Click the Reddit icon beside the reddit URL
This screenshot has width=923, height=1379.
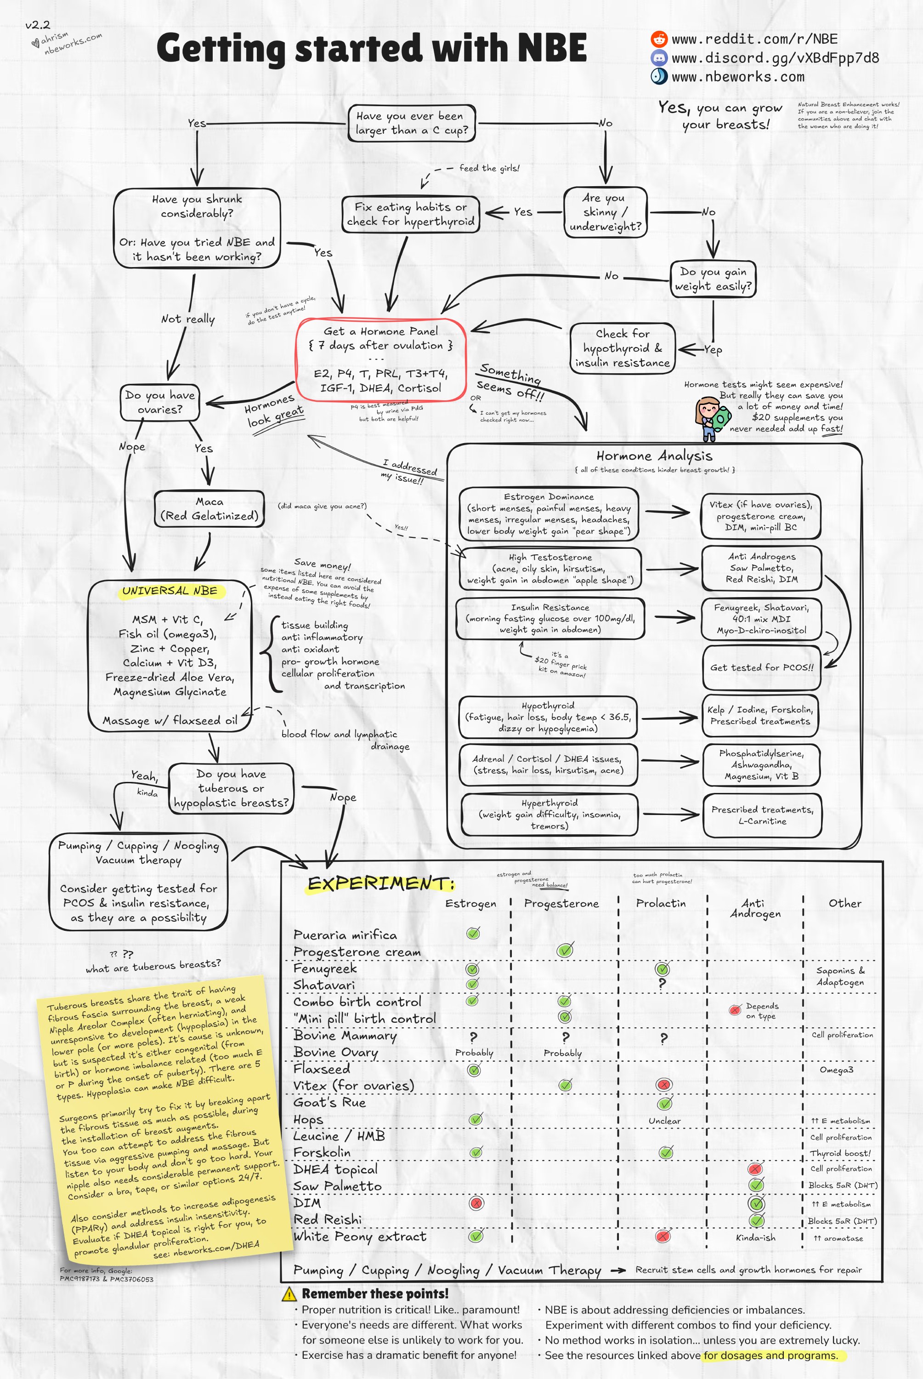(659, 39)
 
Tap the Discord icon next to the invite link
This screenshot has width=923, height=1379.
(659, 58)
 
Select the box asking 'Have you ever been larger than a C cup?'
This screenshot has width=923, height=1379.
(412, 123)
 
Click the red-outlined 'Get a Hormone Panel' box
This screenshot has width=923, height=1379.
(381, 359)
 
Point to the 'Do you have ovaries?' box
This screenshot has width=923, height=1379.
(160, 402)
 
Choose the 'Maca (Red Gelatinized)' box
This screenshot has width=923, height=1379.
(209, 509)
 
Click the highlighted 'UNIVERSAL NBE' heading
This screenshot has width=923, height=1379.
(170, 591)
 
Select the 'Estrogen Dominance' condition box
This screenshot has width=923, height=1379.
(549, 513)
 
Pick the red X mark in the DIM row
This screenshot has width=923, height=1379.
(476, 1202)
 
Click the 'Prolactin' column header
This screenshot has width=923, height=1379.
(661, 903)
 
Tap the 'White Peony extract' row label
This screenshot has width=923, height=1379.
(359, 1236)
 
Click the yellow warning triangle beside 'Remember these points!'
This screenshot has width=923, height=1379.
(289, 1294)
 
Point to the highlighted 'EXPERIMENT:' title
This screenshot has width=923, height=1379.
(381, 883)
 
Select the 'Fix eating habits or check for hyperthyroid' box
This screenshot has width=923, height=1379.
(410, 214)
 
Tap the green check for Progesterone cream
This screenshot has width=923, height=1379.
(565, 950)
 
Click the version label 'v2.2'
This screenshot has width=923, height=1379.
(38, 25)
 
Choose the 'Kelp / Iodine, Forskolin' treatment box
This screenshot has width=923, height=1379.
(760, 715)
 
